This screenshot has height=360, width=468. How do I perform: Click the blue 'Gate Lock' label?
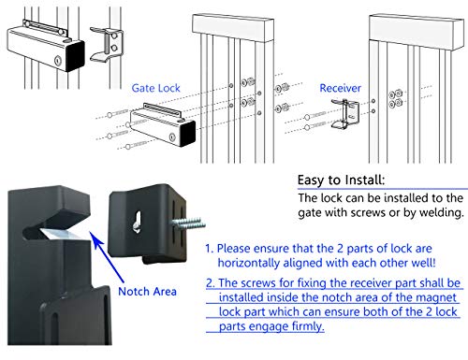coord(155,88)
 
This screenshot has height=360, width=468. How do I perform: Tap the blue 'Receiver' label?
coord(340,88)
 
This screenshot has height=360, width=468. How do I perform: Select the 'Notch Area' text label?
coord(147,292)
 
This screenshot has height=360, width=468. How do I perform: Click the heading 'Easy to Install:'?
coord(341,180)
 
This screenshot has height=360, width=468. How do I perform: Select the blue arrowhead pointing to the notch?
coord(95,239)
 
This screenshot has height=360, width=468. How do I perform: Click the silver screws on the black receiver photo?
coord(189,223)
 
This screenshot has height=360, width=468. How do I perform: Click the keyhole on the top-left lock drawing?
coord(58,61)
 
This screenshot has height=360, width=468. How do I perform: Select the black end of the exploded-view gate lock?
coord(188,133)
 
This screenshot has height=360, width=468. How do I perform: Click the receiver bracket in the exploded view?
coord(345,114)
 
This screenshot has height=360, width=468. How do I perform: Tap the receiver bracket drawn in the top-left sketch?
coord(108,45)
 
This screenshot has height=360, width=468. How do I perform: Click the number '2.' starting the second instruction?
coord(211,282)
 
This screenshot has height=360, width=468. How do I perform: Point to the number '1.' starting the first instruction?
coord(210,249)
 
